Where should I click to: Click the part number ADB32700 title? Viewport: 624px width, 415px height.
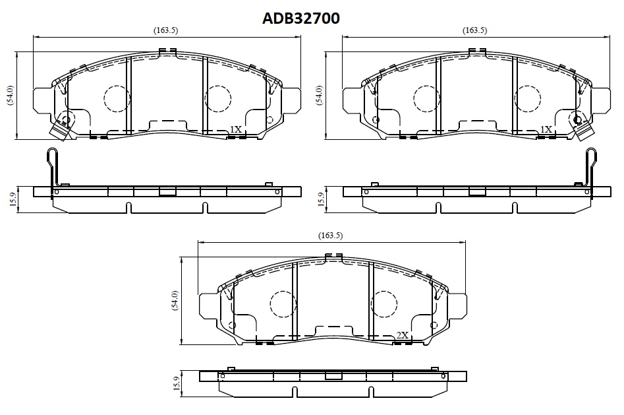click(x=301, y=18)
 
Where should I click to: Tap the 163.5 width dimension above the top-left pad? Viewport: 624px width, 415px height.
click(x=165, y=30)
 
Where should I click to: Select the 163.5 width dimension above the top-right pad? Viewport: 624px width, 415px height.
click(x=474, y=30)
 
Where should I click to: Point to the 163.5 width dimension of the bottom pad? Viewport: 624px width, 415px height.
click(x=330, y=236)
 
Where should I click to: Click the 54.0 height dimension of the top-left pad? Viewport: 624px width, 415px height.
click(x=10, y=96)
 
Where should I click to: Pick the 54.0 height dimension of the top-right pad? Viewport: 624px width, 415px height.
click(x=319, y=96)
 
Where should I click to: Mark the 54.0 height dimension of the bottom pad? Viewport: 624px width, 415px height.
click(x=175, y=301)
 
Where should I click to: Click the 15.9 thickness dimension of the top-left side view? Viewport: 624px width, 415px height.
click(x=13, y=199)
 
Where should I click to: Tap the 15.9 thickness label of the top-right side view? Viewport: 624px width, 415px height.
click(x=322, y=199)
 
